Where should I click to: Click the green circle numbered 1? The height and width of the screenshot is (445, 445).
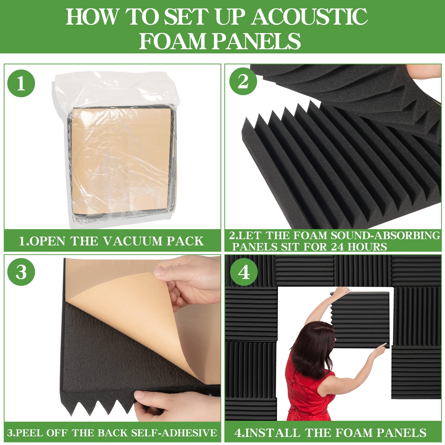[x=21, y=83]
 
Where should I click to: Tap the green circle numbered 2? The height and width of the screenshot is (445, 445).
[x=243, y=81]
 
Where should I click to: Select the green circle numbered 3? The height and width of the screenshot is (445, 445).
[x=21, y=272]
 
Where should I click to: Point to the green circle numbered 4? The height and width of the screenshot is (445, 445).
[x=244, y=272]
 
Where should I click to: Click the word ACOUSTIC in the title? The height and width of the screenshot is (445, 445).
[x=310, y=17]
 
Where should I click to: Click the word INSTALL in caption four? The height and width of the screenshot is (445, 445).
[x=267, y=433]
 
